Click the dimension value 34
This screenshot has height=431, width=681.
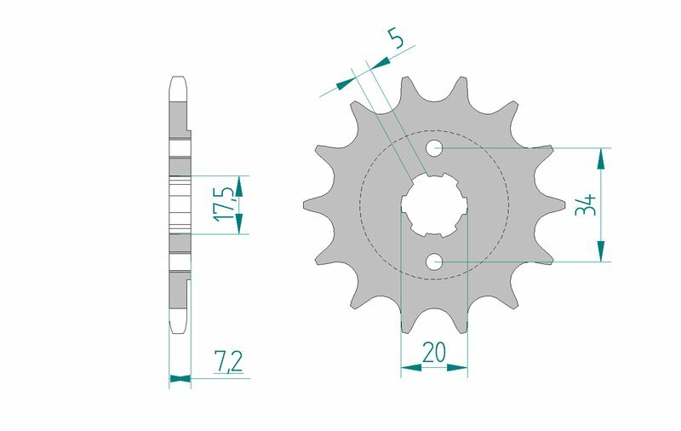(585, 204)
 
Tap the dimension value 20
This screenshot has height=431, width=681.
(434, 352)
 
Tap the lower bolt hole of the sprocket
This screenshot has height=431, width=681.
(435, 262)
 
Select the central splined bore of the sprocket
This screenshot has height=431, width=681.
(434, 205)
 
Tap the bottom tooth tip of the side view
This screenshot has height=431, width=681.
(179, 328)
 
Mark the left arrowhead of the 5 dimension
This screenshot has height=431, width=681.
(345, 83)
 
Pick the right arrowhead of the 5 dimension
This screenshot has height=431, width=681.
(381, 61)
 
